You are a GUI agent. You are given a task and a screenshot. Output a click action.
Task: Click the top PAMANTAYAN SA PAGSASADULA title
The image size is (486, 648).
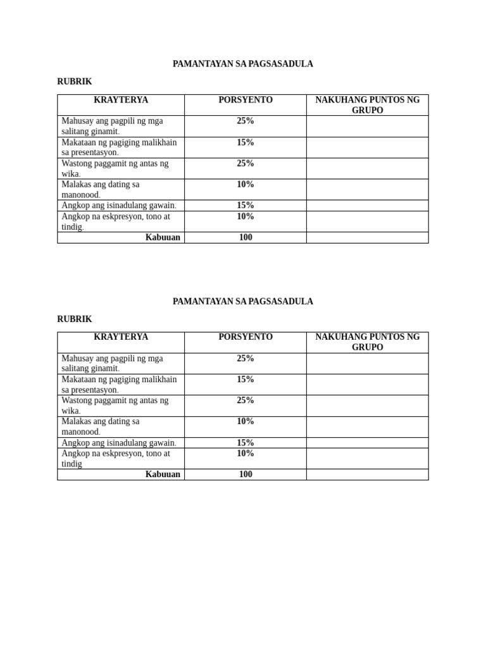point(242,64)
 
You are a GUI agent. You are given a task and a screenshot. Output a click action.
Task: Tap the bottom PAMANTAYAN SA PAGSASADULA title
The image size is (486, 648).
point(242,301)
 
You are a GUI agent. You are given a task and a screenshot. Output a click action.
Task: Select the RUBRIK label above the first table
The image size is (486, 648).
point(75,82)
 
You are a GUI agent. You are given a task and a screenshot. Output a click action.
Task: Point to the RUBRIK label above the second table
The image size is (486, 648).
point(75,319)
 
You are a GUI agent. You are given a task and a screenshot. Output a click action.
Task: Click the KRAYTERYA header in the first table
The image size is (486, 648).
point(121,100)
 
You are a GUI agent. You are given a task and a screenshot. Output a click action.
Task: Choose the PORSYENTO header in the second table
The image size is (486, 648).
point(246,337)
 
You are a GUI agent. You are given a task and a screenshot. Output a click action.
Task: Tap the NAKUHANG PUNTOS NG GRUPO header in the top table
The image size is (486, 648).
point(367,105)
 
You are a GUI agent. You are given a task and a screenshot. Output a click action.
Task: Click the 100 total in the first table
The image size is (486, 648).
point(246,237)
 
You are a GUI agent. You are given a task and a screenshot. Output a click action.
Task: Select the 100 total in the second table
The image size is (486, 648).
point(246,474)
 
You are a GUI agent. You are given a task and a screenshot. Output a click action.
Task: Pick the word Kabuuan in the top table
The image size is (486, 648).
point(163,237)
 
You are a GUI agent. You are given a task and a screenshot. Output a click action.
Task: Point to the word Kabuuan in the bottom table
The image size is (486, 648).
point(163,474)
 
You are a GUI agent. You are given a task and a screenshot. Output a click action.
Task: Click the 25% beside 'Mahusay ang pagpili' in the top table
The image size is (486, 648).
point(246,121)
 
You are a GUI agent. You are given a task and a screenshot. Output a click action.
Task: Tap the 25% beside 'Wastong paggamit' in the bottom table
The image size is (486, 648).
point(246,401)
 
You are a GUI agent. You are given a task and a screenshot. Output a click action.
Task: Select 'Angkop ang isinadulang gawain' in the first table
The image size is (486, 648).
point(119,205)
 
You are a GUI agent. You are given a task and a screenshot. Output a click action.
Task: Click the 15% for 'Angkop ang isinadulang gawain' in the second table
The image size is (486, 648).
point(246,442)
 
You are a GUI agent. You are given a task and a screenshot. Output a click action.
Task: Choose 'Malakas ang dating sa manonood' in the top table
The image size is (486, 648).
point(101,189)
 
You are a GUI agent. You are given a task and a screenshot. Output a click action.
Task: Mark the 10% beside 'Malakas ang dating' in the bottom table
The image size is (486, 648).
point(246,421)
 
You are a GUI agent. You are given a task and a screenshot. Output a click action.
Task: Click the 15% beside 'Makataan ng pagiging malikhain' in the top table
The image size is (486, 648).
point(246,142)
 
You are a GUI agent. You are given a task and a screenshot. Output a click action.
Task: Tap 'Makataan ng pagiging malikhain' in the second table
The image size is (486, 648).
point(119,384)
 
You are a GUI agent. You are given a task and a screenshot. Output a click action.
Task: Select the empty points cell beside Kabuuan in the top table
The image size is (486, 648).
point(367,237)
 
